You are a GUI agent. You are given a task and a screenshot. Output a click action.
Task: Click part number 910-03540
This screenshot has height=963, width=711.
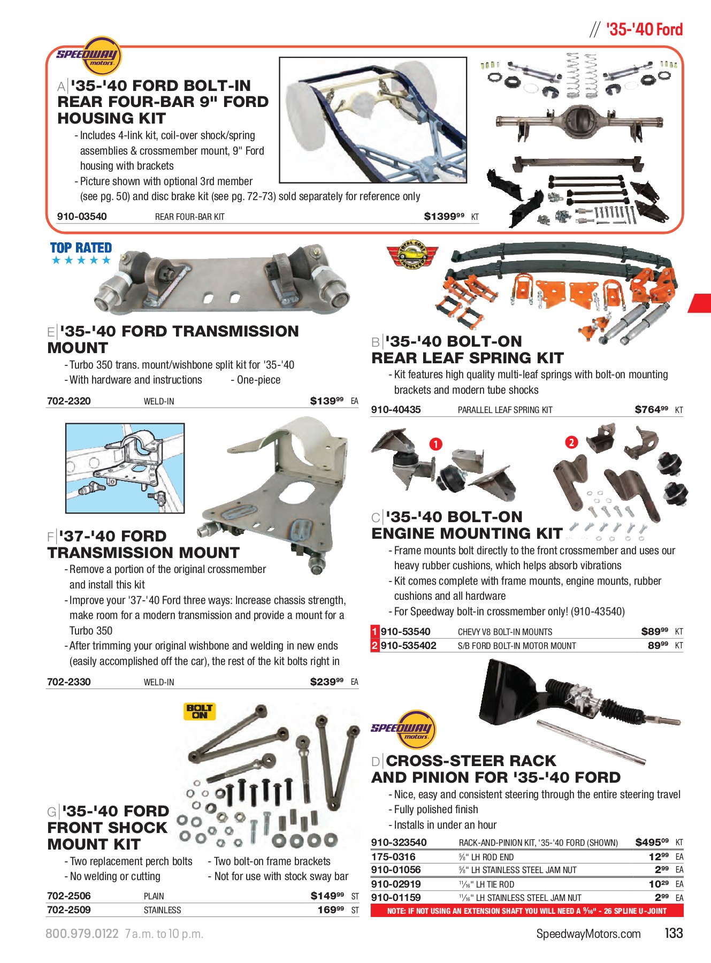click(82, 217)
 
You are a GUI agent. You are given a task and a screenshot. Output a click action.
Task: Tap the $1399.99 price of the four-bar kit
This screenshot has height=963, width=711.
click(444, 217)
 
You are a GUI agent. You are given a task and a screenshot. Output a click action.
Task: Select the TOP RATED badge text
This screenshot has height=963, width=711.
click(81, 248)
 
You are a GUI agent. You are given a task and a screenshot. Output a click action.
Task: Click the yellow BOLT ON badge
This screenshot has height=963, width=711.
click(200, 711)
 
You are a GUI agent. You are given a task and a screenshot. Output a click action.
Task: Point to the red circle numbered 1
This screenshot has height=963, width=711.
click(436, 444)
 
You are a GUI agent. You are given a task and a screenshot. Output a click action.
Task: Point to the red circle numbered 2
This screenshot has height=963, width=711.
click(571, 442)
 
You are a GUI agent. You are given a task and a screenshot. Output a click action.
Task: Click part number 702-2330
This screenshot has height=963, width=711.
click(69, 682)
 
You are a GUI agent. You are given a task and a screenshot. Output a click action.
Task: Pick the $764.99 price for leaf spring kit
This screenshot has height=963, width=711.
click(651, 410)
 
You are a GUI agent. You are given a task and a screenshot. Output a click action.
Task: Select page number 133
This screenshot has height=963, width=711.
click(674, 934)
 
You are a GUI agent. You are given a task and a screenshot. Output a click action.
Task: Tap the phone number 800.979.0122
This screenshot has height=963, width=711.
click(82, 934)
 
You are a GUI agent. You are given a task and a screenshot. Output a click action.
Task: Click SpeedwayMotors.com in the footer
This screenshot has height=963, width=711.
click(588, 934)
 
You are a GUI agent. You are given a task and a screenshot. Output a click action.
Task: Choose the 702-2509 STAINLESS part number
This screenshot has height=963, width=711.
click(69, 910)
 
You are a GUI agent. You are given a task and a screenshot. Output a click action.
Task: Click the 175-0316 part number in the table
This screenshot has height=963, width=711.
click(393, 857)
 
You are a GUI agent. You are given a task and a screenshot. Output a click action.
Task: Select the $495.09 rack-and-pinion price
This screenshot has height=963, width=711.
click(652, 843)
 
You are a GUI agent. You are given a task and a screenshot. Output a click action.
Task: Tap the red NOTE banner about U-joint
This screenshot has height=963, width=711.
click(526, 911)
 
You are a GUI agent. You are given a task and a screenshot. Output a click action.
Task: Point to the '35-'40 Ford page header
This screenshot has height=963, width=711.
click(644, 30)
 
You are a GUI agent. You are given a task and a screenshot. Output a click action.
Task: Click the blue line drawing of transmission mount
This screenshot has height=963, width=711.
click(125, 468)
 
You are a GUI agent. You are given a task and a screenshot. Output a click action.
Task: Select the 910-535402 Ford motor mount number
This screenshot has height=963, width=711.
click(408, 646)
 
